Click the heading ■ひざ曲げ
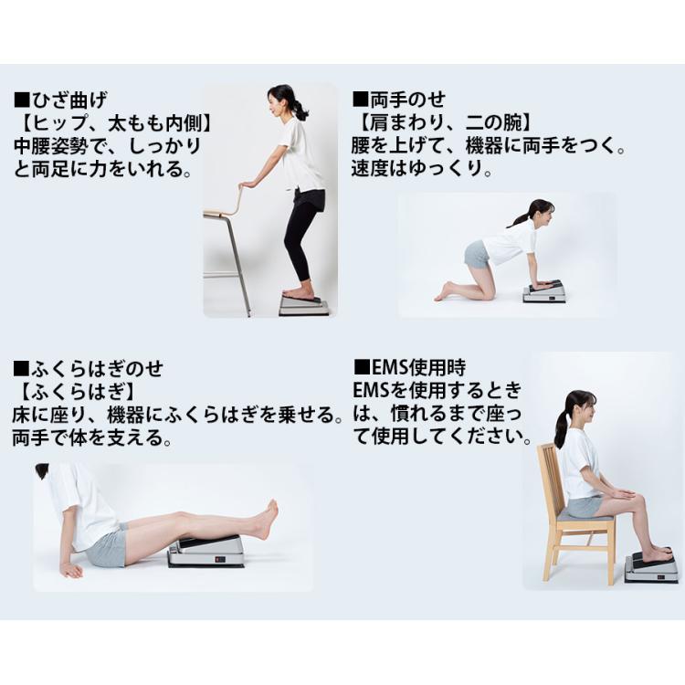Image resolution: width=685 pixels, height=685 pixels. point(60,100)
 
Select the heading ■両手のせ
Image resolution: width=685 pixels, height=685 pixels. point(399,100)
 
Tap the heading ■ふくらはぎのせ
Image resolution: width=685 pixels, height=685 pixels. point(89,369)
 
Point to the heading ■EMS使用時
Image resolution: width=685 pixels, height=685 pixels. point(409,367)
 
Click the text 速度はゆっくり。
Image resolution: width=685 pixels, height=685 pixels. point(423,168)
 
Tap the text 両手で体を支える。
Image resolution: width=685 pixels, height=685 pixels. point(91,437)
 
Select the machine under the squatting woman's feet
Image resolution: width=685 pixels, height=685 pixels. point(306,304)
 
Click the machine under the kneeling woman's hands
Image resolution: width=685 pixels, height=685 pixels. point(544,292)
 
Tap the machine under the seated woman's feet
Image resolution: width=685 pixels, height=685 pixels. point(652,567)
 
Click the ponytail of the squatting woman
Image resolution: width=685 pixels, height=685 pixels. point(298,109)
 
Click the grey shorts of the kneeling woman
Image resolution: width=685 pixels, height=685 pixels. point(476,255)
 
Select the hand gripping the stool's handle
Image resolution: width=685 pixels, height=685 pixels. point(248,184)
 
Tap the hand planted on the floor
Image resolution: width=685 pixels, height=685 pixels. point(71,569)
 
